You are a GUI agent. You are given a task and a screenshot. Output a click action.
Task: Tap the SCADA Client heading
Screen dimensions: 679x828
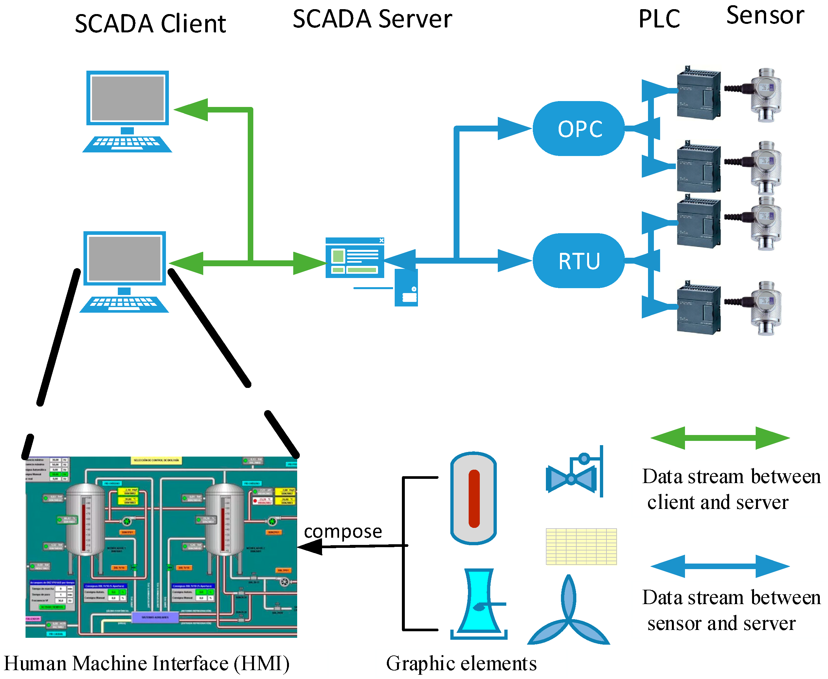coord(150,24)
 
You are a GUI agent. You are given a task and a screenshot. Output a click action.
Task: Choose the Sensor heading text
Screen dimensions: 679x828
coord(765,16)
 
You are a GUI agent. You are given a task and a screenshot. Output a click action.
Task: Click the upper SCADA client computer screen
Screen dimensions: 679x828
coord(128,98)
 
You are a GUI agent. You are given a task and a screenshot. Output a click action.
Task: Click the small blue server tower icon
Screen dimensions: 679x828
coord(406,287)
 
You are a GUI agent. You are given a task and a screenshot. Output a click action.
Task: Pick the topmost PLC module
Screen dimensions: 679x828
coord(698,93)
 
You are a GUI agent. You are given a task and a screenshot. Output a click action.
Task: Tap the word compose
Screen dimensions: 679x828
coord(343,531)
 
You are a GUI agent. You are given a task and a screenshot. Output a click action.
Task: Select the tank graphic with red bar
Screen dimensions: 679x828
coord(474,498)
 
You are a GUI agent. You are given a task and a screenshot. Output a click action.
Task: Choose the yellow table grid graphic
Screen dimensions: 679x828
coord(581,547)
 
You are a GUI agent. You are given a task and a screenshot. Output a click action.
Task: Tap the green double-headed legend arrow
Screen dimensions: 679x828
coord(720,438)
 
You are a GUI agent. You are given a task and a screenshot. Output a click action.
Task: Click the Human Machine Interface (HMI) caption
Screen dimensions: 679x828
coord(147,663)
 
